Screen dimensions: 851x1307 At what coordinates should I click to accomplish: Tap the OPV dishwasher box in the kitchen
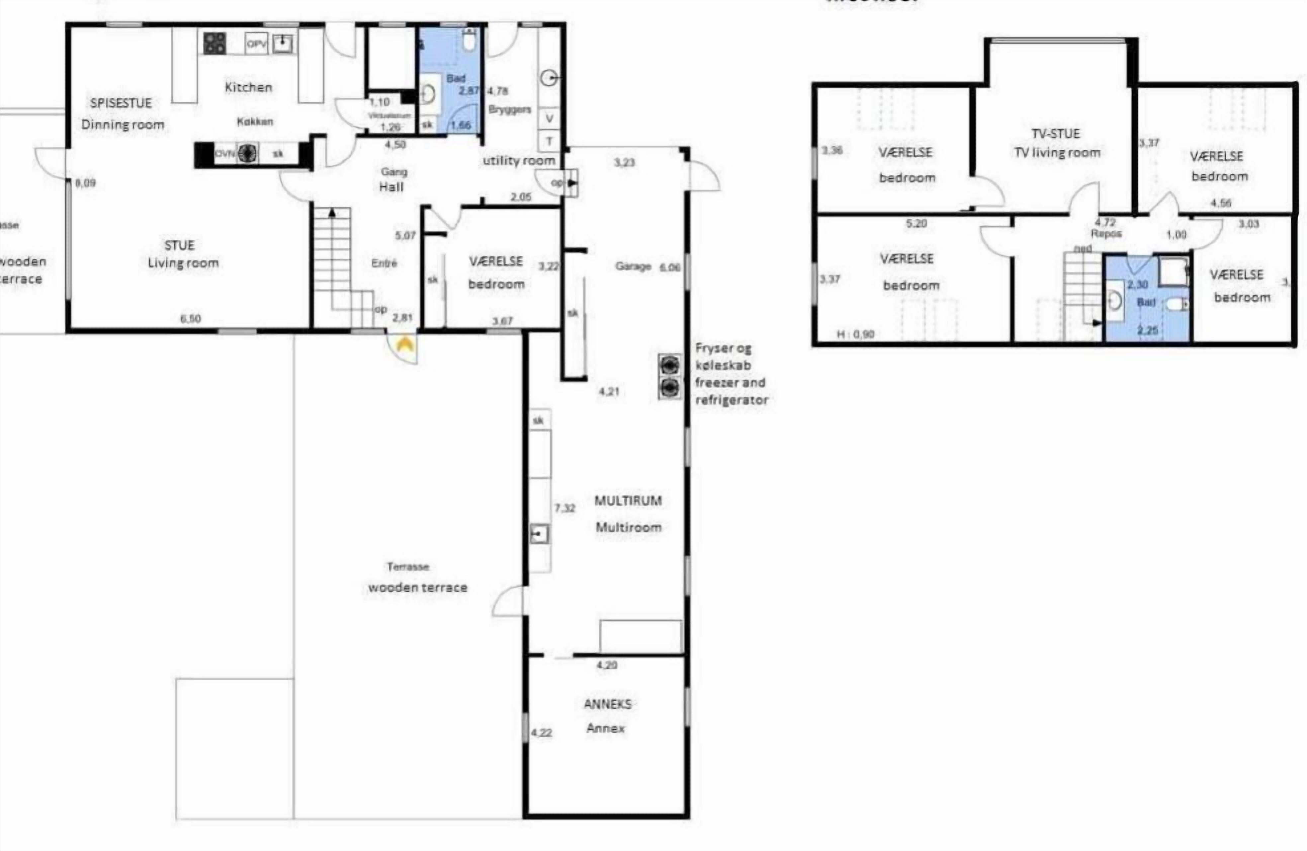[x=256, y=43]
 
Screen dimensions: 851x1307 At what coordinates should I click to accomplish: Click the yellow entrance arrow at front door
[x=405, y=345]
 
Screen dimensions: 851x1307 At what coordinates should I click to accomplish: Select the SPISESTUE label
[x=121, y=103]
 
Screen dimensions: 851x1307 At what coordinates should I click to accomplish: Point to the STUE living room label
[x=180, y=245]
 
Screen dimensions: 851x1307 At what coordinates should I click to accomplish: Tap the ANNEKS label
[x=607, y=704]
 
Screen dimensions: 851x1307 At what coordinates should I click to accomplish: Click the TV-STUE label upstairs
[x=1056, y=133]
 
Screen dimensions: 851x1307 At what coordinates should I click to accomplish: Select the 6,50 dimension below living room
[x=191, y=318]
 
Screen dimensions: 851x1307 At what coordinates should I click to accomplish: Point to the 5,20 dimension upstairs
[x=916, y=223]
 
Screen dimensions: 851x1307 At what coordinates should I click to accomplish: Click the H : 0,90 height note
[x=855, y=334]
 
